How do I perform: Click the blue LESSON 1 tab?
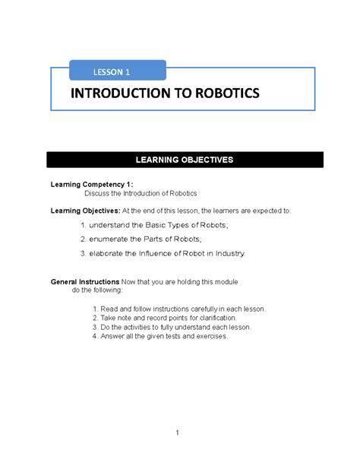112,71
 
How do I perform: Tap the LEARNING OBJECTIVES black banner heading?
185,160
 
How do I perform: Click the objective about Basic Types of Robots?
159,226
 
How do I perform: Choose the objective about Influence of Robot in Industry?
163,253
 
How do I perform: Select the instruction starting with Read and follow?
178,309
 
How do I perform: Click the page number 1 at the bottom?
176,433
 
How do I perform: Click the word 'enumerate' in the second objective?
111,239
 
